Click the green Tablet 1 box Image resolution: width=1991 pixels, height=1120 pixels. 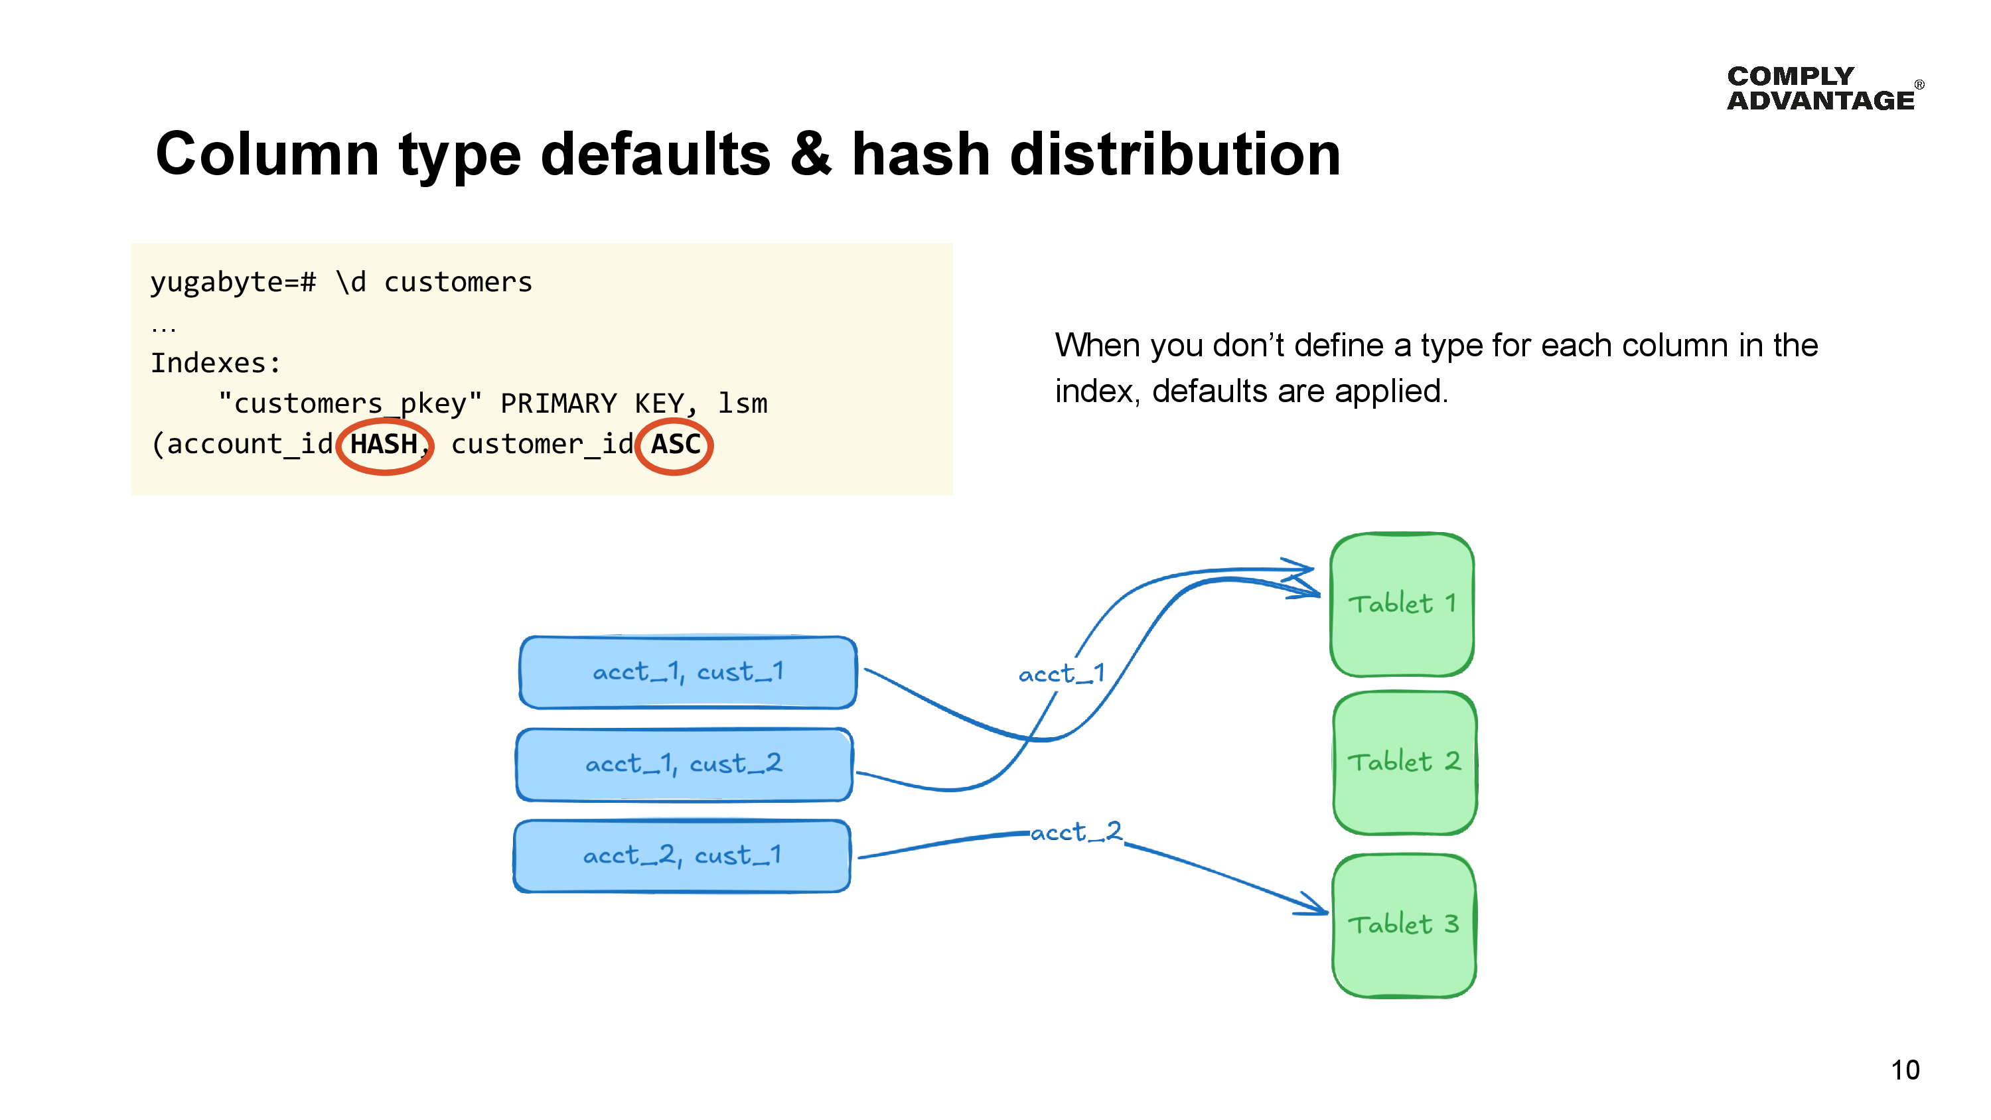click(x=1401, y=604)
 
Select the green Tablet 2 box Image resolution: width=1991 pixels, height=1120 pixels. click(x=1404, y=763)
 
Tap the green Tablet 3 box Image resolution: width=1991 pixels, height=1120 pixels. click(x=1404, y=925)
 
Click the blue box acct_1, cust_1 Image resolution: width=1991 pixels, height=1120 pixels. click(x=687, y=671)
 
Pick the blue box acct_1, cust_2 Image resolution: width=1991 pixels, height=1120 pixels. click(x=684, y=764)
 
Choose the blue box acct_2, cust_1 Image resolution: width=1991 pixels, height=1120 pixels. click(x=682, y=856)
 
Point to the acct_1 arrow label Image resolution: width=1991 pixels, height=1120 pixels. click(x=1061, y=674)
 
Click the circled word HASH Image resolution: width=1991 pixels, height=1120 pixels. click(x=384, y=445)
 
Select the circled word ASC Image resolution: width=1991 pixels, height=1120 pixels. click(x=675, y=445)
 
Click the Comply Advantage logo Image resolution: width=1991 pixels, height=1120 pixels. click(x=1822, y=88)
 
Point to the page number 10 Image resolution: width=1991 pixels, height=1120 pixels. click(x=1905, y=1070)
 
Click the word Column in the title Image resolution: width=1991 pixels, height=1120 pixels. click(x=267, y=154)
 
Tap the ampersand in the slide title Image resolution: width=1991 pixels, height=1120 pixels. click(x=811, y=154)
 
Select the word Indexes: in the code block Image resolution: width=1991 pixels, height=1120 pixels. click(x=216, y=362)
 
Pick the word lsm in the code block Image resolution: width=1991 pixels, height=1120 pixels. click(x=742, y=403)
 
